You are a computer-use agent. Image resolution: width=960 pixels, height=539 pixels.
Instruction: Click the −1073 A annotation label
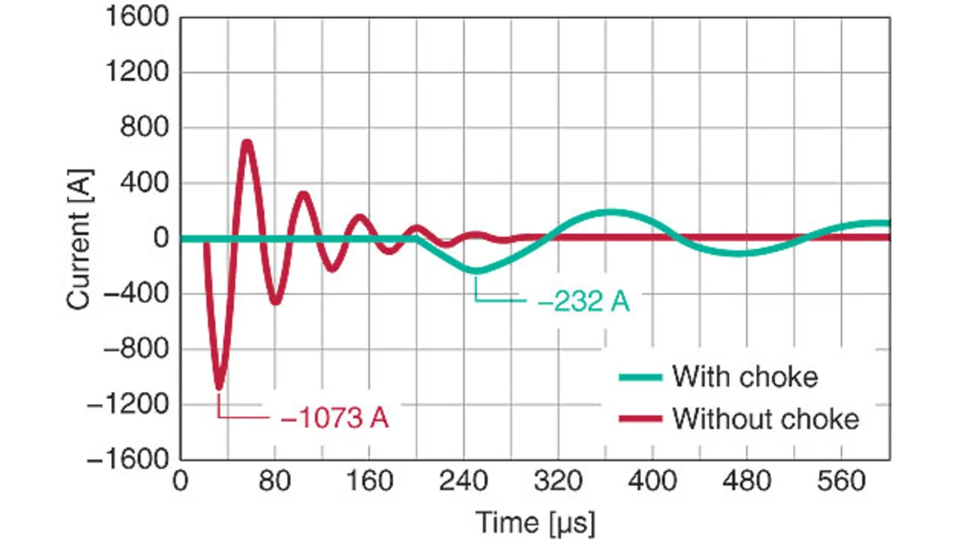pos(334,417)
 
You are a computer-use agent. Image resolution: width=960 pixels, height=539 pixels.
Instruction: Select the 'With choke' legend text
pos(745,376)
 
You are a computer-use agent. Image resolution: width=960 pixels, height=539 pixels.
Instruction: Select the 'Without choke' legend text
pos(766,418)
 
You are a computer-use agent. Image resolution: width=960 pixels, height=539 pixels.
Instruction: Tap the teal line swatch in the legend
pos(640,376)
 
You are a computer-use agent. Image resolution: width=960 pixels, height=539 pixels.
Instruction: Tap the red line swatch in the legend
pos(640,418)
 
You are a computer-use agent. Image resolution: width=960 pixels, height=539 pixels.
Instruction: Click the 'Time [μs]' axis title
pos(535,520)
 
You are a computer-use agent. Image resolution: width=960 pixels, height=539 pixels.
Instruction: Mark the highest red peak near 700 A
pos(246,142)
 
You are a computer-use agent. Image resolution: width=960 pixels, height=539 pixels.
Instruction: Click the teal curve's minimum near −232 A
pos(475,270)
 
